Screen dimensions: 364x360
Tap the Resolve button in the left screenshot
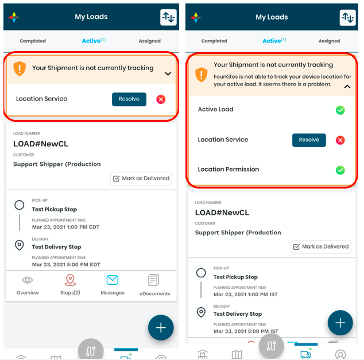[x=129, y=99]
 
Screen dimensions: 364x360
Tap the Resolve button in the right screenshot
[x=309, y=140]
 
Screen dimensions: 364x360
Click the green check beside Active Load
[x=340, y=110]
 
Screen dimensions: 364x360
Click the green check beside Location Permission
[x=340, y=170]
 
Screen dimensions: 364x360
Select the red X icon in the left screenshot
[x=161, y=99]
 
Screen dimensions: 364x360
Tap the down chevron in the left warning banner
[x=168, y=74]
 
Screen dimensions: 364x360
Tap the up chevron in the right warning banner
[x=347, y=87]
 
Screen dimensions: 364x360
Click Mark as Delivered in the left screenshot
[x=141, y=178]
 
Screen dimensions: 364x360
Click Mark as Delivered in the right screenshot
[x=321, y=246]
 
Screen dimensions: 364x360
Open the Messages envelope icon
[x=113, y=280]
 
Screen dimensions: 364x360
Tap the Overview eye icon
[x=28, y=280]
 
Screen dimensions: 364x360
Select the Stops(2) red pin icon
[x=70, y=280]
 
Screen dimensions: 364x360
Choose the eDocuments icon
[x=153, y=280]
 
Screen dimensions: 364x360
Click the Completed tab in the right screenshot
[x=214, y=41]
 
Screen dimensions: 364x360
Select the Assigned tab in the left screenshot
[x=150, y=41]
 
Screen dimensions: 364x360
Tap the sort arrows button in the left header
[x=168, y=17]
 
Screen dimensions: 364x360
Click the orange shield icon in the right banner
[x=202, y=75]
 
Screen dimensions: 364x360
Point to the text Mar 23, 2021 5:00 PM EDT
[x=66, y=265]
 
